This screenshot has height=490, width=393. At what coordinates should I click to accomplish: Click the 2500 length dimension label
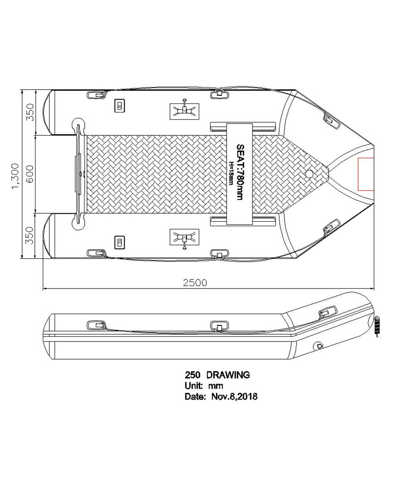(195, 282)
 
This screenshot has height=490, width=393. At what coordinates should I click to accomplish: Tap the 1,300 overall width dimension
(16, 176)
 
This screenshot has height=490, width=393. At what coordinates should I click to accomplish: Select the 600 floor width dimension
(30, 174)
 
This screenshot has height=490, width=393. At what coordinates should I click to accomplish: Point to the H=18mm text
(231, 173)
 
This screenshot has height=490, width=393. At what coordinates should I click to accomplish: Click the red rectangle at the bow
(366, 174)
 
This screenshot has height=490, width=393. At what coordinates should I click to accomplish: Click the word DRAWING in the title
(228, 375)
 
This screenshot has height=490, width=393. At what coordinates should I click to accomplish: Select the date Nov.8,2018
(234, 396)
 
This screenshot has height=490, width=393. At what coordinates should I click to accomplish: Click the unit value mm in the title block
(216, 386)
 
